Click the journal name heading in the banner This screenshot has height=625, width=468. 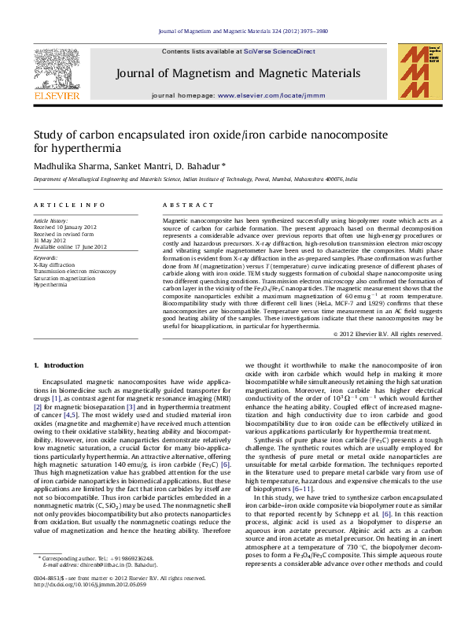[238, 73]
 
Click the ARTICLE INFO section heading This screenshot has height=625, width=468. [64, 205]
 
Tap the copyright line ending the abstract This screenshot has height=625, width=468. [388, 334]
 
